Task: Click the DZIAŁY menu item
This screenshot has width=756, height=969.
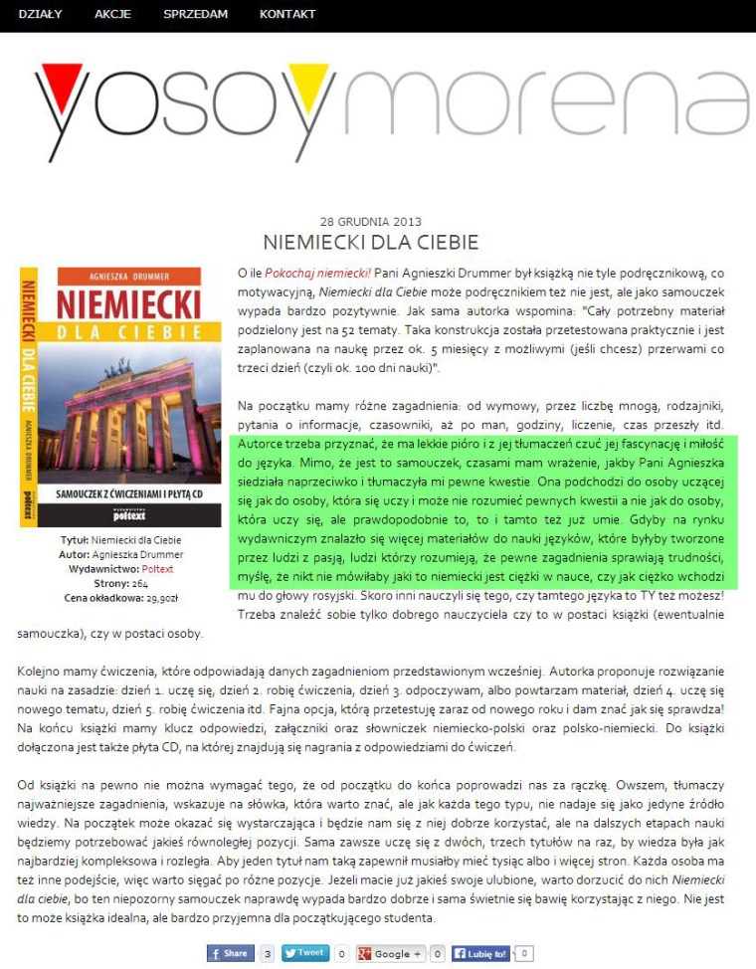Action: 40,14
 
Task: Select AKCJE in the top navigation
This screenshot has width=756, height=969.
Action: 112,14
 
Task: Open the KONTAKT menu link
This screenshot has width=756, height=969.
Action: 287,14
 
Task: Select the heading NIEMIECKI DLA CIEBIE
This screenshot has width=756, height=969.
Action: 371,242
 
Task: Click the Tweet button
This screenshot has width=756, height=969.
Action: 305,953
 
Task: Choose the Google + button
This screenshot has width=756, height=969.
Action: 390,953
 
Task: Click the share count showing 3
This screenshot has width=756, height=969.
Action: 267,953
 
